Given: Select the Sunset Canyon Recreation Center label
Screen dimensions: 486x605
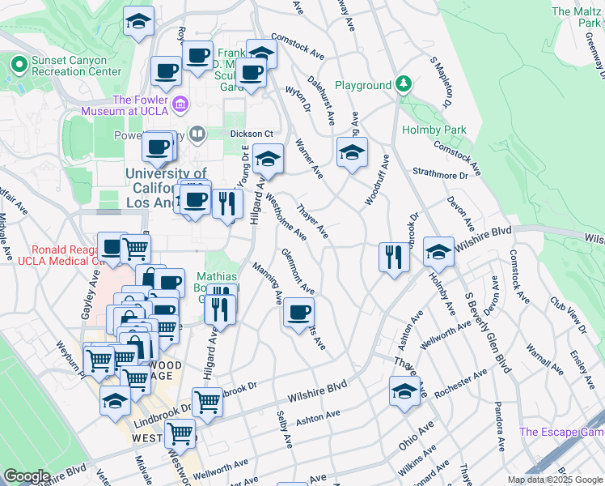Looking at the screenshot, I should [76, 65].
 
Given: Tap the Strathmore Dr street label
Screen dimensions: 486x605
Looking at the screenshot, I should [440, 174].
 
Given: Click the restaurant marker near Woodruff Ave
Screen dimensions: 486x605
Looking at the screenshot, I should [393, 258].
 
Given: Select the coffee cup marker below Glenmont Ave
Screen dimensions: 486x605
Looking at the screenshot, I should [298, 312].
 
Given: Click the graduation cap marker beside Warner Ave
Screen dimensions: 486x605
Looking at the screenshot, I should [352, 152].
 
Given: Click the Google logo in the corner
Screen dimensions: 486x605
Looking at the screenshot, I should [26, 476].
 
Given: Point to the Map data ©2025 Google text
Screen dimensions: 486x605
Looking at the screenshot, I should [554, 480].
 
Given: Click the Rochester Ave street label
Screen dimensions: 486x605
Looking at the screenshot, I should [459, 383].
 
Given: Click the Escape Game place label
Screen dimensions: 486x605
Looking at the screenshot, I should [561, 432].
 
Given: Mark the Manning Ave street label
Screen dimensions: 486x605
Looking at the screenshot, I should [266, 283].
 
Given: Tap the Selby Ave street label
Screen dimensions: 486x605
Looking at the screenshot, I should [284, 430].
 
